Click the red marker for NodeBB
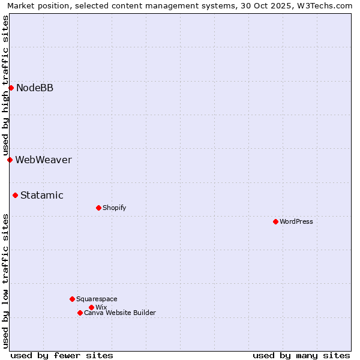11,88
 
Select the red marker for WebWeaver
10,160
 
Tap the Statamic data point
15,195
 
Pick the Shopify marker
98,208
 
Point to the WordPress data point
275,221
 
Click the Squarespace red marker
72,299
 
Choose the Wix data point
91,307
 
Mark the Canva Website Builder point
80,313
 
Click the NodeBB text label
35,88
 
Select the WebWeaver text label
43,160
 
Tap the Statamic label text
42,195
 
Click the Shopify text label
115,208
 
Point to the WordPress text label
296,221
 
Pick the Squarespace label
97,299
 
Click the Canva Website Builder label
120,313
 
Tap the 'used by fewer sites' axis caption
62,355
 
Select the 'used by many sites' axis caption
301,355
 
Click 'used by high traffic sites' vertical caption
5,86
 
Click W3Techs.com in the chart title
323,5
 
